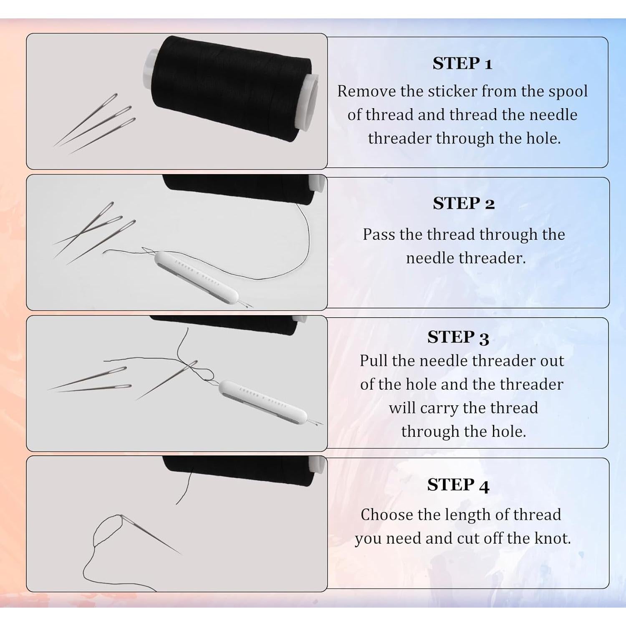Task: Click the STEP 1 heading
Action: point(462,64)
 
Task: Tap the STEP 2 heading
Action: point(464,204)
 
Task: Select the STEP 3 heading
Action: point(458,338)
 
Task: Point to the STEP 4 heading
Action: point(458,485)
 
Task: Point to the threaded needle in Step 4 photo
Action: point(151,535)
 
